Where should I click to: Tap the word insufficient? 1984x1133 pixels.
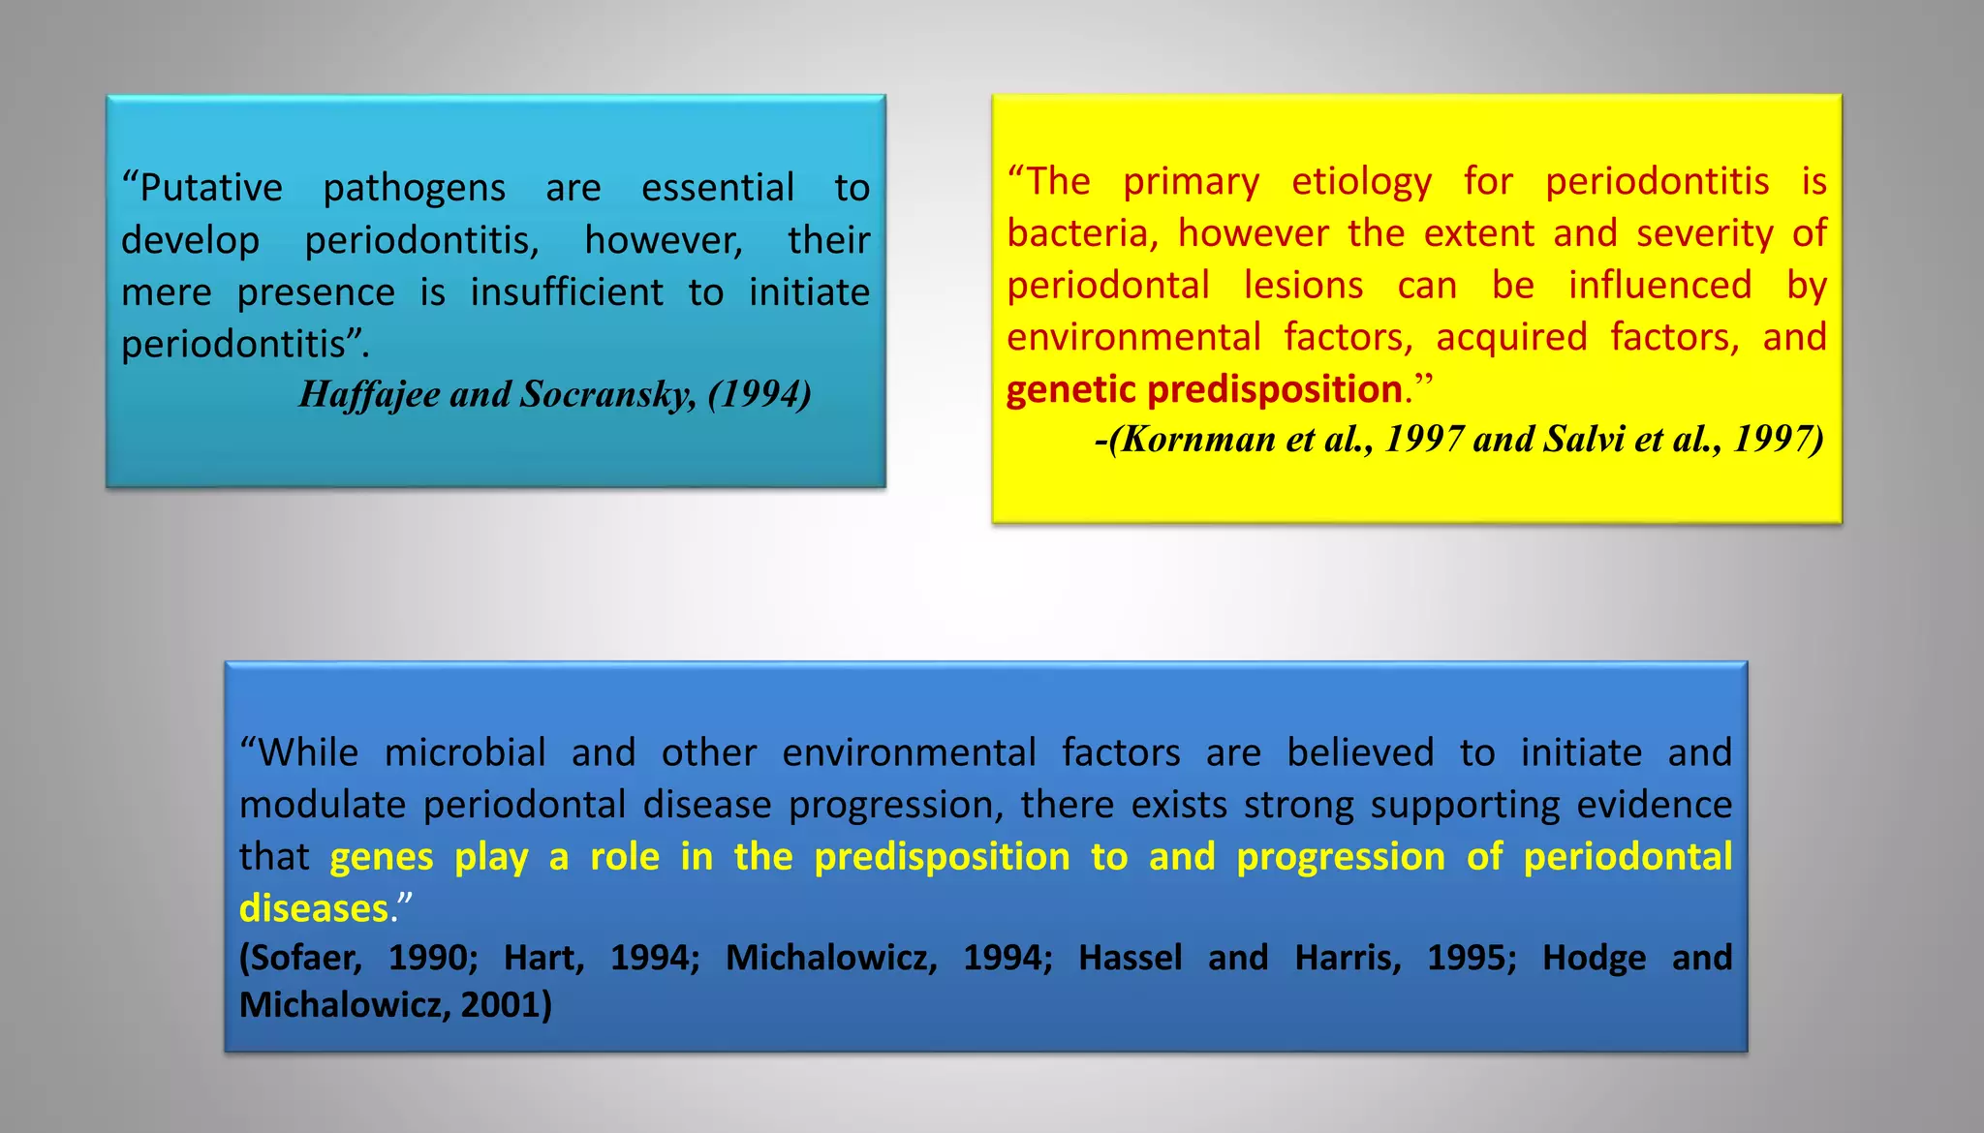567,292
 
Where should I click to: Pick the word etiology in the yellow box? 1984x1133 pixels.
1361,182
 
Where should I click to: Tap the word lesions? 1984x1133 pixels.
1303,287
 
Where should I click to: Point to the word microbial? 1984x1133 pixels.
465,753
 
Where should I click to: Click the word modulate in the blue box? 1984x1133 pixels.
323,806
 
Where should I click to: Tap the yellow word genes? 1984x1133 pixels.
382,858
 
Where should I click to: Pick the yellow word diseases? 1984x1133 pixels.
314,909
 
